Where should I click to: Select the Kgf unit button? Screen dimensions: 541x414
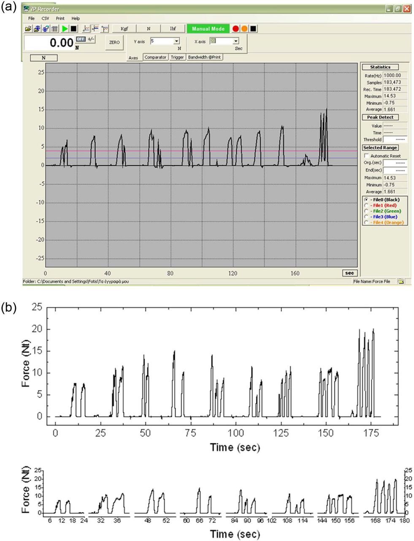[x=124, y=29]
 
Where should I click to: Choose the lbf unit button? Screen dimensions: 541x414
[x=173, y=29]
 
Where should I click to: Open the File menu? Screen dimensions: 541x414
[x=32, y=19]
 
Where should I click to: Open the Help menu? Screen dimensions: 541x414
[x=76, y=19]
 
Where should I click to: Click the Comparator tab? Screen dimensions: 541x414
[x=155, y=57]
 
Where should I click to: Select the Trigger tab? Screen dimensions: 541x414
[x=177, y=57]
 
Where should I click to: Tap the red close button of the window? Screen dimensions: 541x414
[x=406, y=9]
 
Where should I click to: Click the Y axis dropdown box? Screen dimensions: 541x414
[x=165, y=41]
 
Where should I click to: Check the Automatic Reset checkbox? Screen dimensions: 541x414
[x=366, y=156]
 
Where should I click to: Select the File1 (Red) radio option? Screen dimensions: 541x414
[x=366, y=205]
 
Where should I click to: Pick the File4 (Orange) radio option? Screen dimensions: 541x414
[x=366, y=222]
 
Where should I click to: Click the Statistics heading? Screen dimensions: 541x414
[x=380, y=67]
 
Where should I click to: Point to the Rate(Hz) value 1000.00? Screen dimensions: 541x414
[x=392, y=75]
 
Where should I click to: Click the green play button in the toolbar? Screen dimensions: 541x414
[x=65, y=29]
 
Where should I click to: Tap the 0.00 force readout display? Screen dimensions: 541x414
[x=49, y=43]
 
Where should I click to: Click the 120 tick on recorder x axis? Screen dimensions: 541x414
[x=233, y=273]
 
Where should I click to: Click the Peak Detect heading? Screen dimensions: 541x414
[x=380, y=117]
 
